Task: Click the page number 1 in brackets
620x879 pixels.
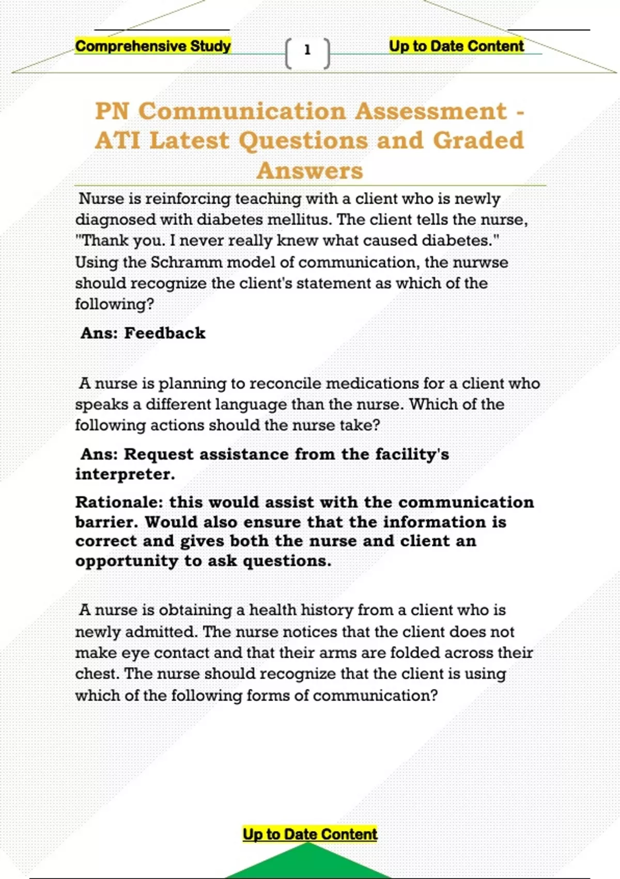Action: [307, 50]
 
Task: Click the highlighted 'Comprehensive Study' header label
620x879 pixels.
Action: [153, 46]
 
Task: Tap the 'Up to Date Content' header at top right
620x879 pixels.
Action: [456, 46]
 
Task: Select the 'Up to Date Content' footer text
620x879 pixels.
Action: [310, 834]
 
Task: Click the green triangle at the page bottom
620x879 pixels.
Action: [308, 863]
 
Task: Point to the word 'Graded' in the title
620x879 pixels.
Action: [478, 140]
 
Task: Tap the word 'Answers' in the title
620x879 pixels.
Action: [310, 171]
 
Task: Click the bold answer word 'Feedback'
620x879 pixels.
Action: [165, 333]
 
